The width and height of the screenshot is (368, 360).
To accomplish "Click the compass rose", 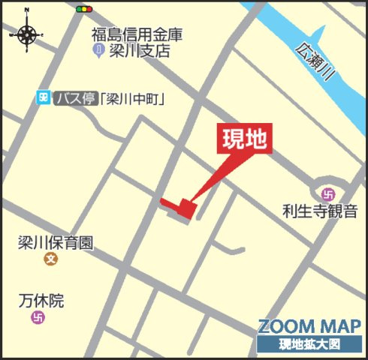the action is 28,34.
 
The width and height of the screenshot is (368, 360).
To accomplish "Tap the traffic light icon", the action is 83,10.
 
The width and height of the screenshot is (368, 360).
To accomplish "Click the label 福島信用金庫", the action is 137,34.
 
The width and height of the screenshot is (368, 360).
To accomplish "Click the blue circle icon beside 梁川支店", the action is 98,50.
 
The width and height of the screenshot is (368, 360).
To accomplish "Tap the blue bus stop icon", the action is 44,97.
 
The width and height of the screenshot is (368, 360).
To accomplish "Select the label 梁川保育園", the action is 56,243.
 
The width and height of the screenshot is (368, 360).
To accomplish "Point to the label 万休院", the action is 41,301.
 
